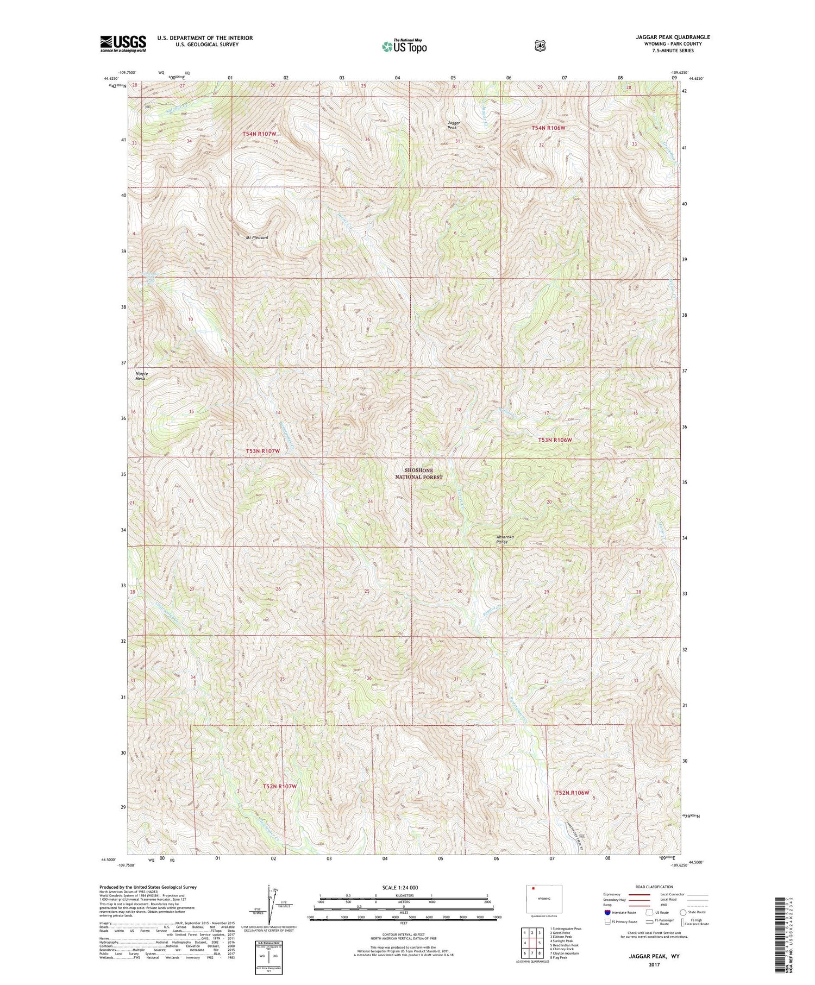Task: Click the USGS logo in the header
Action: [x=123, y=43]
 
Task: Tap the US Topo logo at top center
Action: [x=404, y=46]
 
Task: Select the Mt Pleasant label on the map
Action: [x=257, y=237]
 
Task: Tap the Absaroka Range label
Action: [x=505, y=539]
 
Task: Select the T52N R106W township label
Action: [x=572, y=793]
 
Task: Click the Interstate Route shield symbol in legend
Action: [x=607, y=913]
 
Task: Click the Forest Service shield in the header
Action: [x=540, y=46]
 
